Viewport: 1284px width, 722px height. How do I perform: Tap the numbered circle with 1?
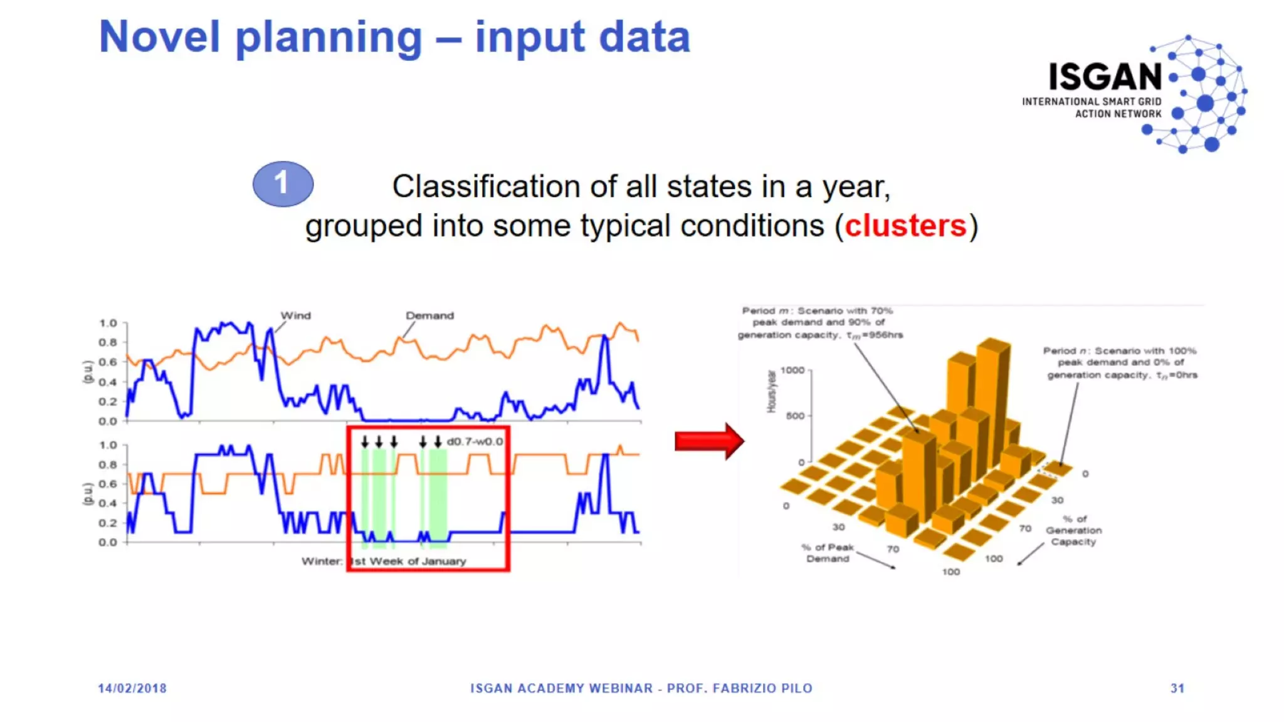(x=283, y=184)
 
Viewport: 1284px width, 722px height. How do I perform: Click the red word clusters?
(x=905, y=226)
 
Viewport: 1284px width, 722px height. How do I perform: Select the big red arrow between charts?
(x=708, y=441)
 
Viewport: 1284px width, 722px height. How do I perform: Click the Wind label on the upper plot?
(x=295, y=315)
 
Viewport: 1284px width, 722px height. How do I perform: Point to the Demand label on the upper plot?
(x=429, y=315)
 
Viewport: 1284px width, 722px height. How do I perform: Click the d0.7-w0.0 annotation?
(x=475, y=441)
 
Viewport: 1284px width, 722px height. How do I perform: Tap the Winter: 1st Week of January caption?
(x=384, y=561)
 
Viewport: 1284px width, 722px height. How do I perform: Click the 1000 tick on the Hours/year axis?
(x=792, y=370)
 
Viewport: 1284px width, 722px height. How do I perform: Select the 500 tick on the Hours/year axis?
(x=794, y=416)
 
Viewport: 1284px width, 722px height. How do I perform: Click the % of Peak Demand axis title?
(x=828, y=553)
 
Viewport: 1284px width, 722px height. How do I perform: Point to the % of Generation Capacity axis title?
(x=1073, y=530)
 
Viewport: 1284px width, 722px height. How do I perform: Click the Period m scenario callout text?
(x=819, y=322)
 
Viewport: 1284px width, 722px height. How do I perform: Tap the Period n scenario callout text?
(x=1120, y=362)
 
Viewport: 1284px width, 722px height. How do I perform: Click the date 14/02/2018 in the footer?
(x=132, y=688)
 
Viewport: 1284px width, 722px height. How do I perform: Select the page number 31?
(x=1177, y=688)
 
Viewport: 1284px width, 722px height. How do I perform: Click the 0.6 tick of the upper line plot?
(x=108, y=362)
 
